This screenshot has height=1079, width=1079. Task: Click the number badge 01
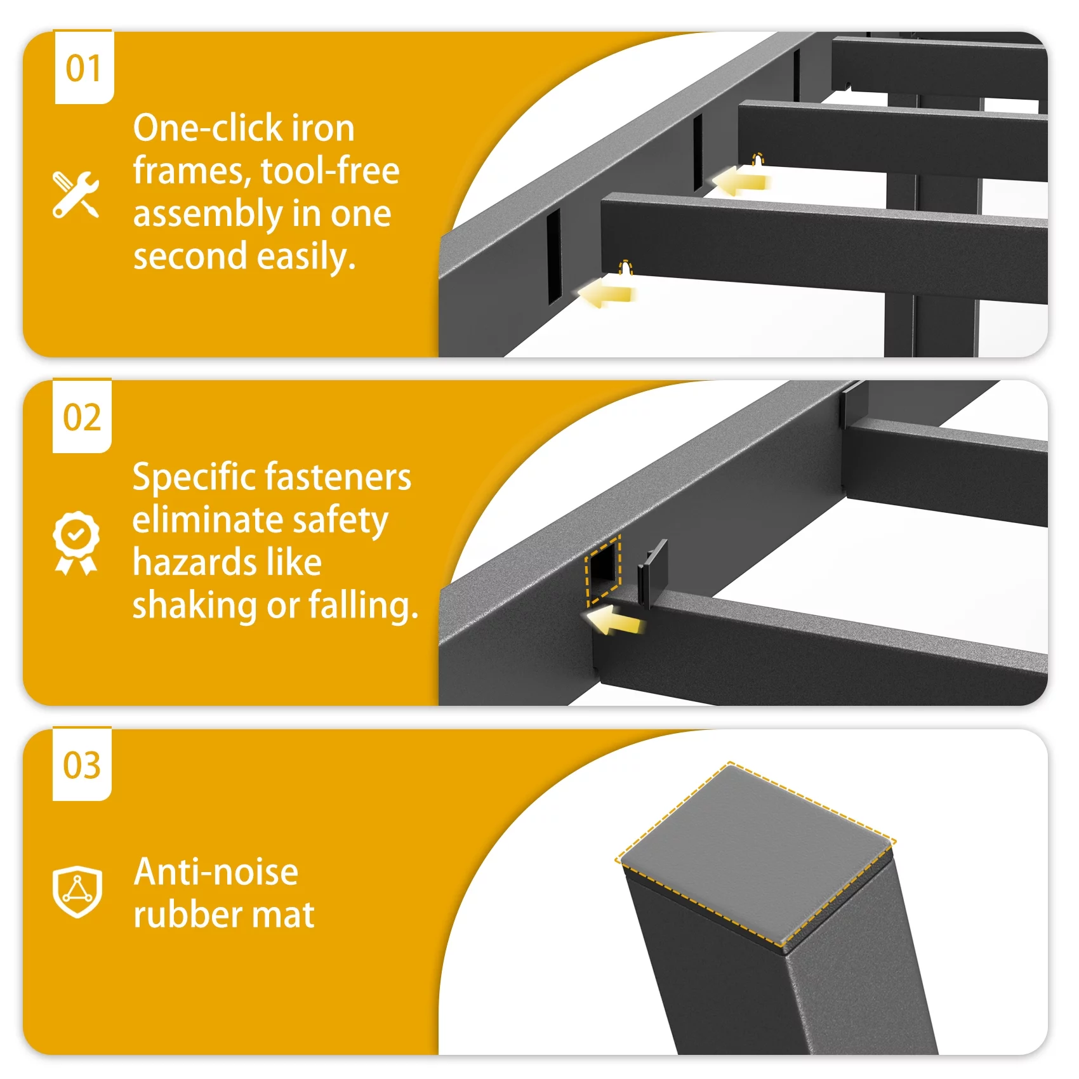coord(84,67)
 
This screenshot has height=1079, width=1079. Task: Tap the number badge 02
coord(82,416)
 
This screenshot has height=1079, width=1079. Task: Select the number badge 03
coord(82,765)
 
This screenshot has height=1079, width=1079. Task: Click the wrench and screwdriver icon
coord(76,195)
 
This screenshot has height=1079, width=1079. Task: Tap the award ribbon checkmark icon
coord(76,543)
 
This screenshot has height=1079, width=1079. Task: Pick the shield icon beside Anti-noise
coord(77,891)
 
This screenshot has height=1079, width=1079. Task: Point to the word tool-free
coord(330,171)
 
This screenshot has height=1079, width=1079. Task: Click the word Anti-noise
coord(216,872)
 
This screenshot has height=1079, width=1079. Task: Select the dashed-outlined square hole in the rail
coord(603,569)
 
